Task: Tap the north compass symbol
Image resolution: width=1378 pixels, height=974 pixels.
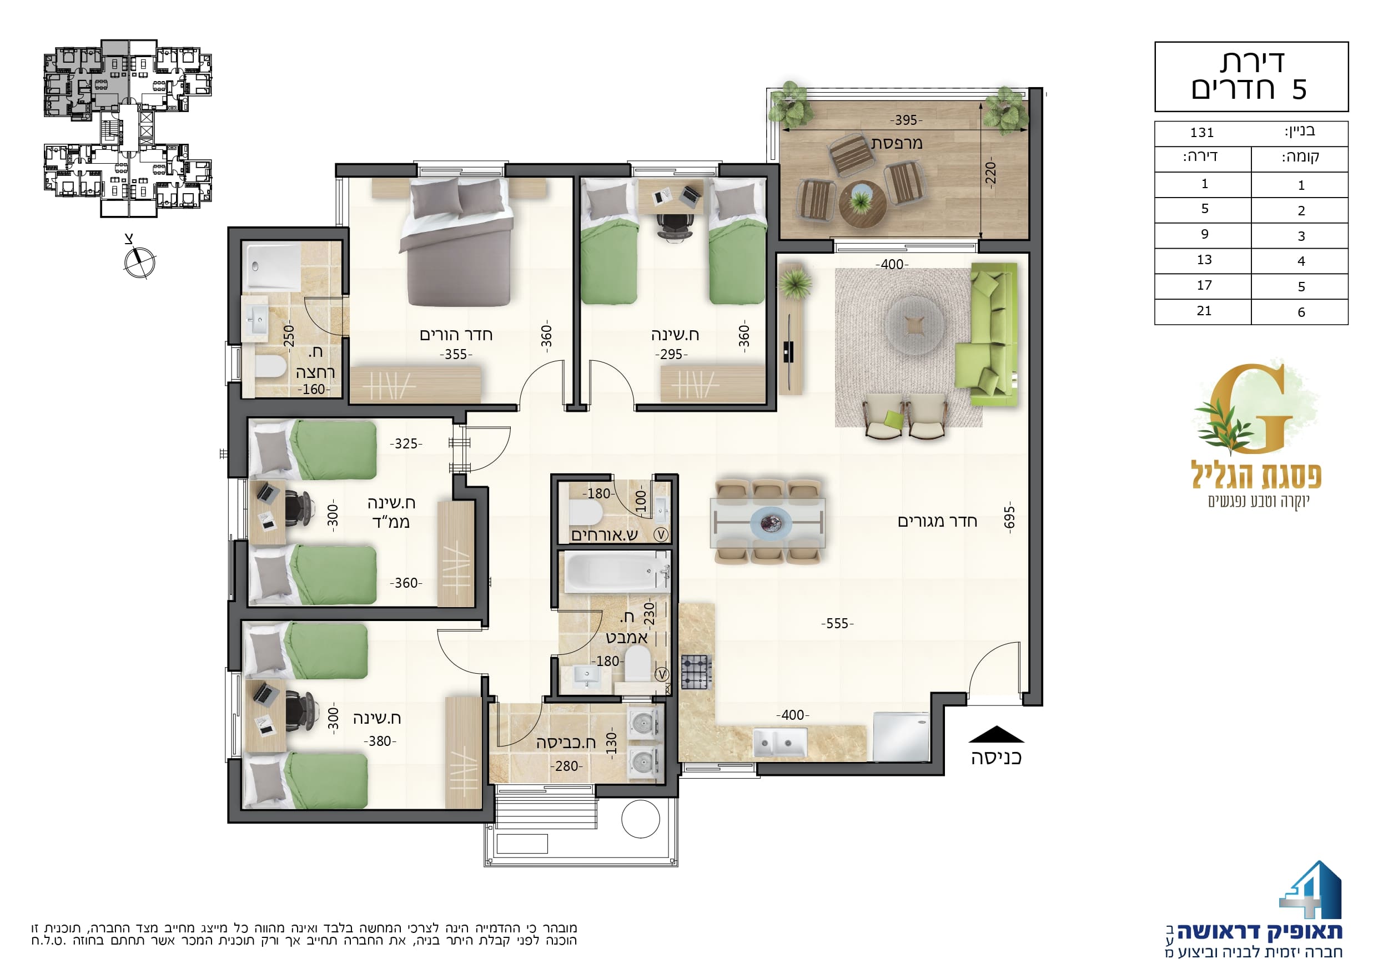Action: point(139,261)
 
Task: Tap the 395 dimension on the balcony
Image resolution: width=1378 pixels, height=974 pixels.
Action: point(906,120)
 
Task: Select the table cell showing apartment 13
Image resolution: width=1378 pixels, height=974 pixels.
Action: point(1204,260)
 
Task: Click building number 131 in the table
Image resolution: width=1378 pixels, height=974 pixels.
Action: point(1201,133)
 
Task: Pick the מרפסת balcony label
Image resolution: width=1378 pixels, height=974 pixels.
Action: point(897,143)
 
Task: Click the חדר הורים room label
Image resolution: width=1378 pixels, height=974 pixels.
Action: point(456,334)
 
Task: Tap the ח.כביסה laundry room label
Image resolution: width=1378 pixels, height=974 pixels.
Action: point(566,743)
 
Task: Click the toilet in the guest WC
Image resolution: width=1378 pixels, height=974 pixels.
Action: point(585,512)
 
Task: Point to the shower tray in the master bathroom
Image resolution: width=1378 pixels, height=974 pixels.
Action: point(271,266)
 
